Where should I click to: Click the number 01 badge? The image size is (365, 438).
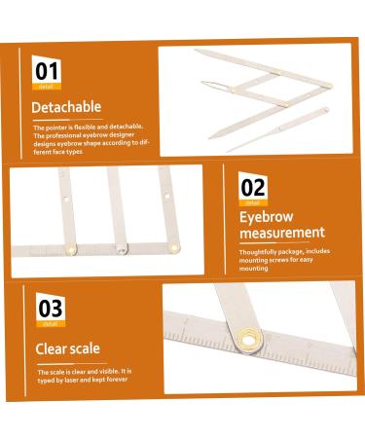(47, 69)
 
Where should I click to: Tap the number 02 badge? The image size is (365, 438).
(253, 185)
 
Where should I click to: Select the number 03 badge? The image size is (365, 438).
(51, 309)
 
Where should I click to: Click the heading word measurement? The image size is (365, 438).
(282, 233)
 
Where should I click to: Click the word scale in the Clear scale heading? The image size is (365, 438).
(84, 348)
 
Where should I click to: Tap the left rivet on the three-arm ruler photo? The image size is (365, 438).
(71, 250)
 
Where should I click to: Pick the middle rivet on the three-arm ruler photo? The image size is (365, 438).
(121, 247)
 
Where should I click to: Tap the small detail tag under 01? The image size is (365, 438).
(46, 85)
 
